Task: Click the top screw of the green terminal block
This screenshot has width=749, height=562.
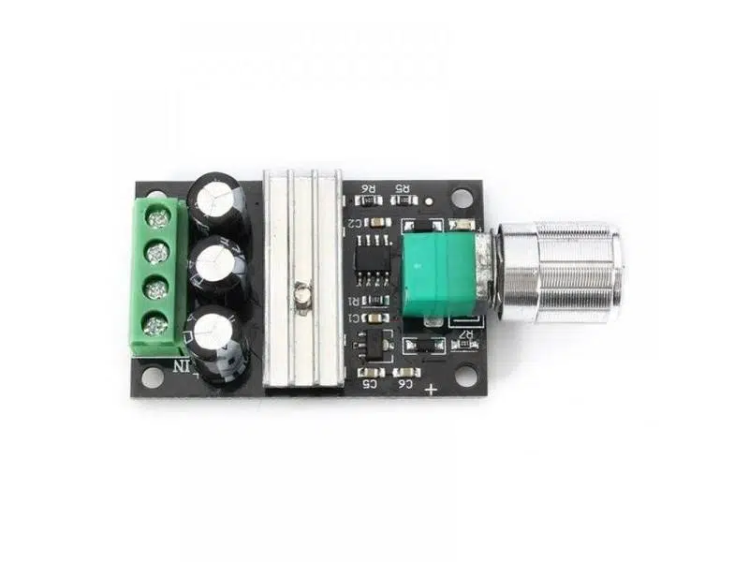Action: (x=159, y=219)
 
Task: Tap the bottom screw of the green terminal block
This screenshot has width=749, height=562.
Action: (x=156, y=326)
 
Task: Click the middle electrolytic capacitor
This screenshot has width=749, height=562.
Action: (x=218, y=263)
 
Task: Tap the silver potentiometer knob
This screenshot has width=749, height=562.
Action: (x=562, y=272)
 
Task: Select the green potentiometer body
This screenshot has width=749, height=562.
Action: (x=438, y=274)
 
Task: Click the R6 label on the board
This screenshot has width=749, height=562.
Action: (x=368, y=190)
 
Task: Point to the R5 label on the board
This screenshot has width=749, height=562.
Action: (x=404, y=190)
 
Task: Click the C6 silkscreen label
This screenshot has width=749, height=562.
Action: (x=405, y=383)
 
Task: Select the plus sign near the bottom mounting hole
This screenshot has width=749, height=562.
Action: (x=431, y=389)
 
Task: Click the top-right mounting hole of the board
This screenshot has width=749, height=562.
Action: (x=462, y=200)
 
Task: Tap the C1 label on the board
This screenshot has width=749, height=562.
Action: (x=354, y=320)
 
